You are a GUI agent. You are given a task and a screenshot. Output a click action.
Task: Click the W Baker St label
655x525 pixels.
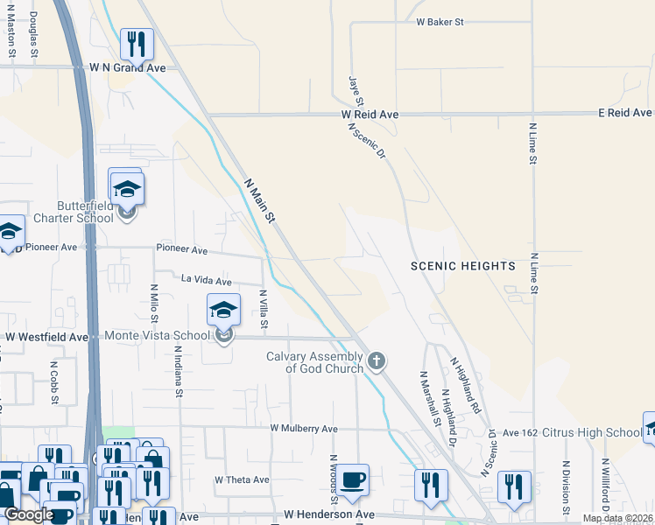pos(440,21)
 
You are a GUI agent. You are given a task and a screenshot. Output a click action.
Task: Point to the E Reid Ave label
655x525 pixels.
pos(625,113)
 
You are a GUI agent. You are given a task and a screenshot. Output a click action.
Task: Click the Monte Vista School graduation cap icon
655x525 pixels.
pos(224,309)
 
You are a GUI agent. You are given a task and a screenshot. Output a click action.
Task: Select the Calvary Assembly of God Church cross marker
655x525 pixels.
pos(377,360)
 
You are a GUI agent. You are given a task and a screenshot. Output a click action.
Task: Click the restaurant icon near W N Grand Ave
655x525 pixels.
pos(137,43)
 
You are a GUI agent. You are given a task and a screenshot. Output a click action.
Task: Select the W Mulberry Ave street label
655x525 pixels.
pos(304,429)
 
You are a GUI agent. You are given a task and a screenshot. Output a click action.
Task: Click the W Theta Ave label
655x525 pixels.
pos(242,479)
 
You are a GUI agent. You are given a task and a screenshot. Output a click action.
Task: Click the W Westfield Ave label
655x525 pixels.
pos(47,336)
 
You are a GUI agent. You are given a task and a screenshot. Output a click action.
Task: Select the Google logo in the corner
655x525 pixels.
pos(29,514)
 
